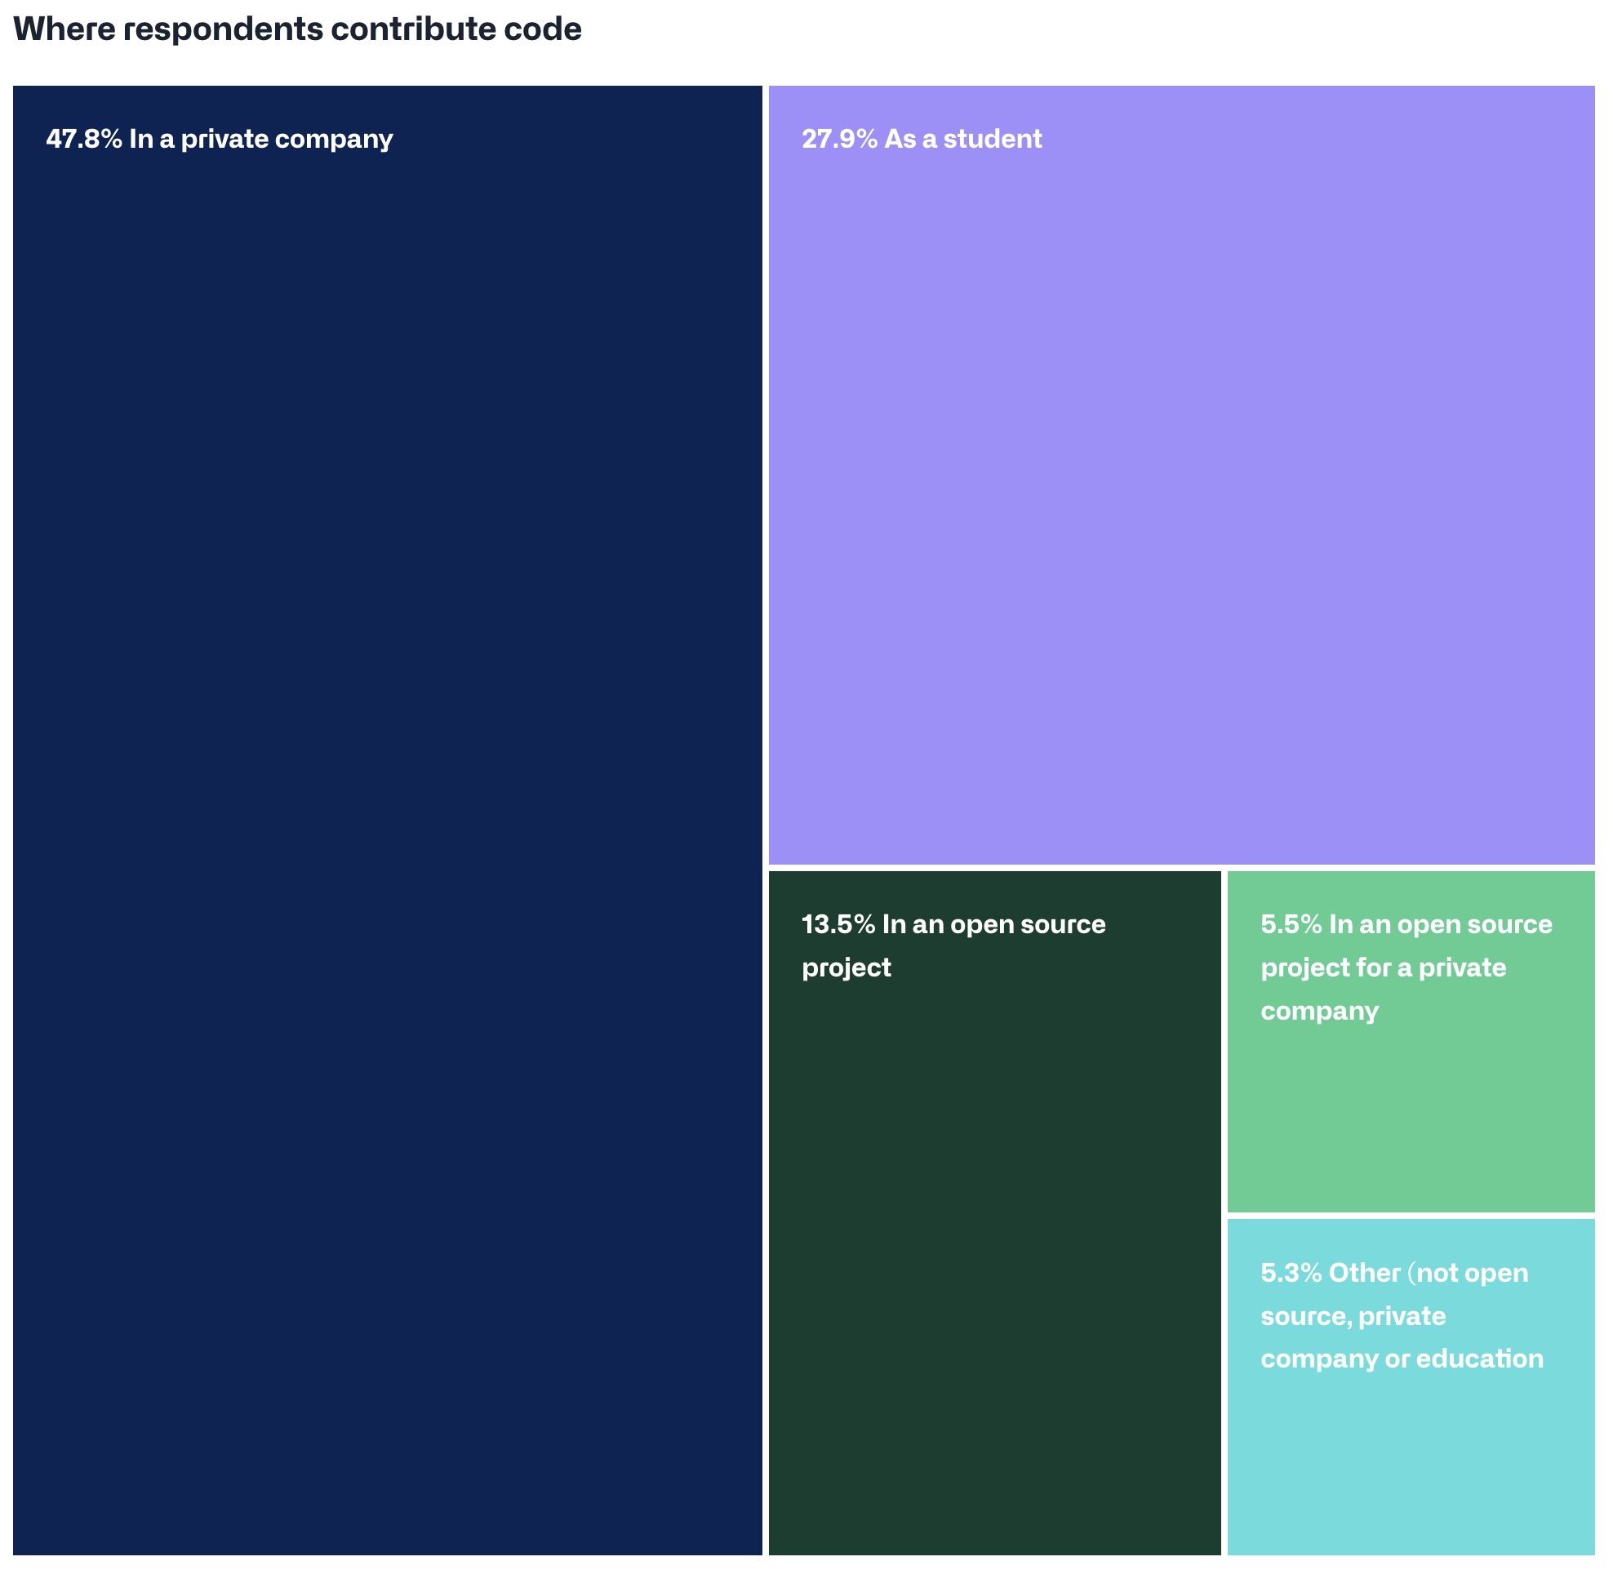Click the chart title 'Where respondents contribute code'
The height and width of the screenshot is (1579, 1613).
pos(297,30)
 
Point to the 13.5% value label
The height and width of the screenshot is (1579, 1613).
pos(838,924)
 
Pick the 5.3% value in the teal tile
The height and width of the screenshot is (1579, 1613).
pos(1291,1272)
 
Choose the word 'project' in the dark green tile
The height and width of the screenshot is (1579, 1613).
pos(846,967)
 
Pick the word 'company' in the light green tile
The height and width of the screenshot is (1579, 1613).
pos(1319,1011)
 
